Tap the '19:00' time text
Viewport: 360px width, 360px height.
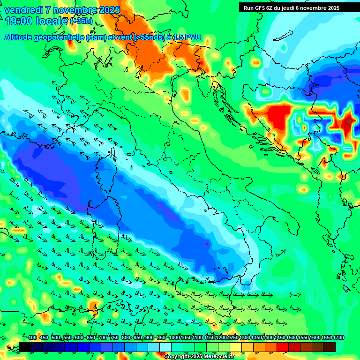19,21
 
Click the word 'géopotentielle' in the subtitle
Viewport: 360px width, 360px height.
60,37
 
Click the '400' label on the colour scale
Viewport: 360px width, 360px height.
32,338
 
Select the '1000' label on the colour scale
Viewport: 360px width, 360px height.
174,338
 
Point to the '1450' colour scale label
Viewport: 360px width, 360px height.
280,338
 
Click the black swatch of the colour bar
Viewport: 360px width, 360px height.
25,347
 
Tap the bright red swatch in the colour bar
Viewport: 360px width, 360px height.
283,347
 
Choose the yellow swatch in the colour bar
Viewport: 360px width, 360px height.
236,347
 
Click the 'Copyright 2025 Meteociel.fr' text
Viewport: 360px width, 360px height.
198,356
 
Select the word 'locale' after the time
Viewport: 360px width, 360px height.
51,21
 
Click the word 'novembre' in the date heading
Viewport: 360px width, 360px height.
73,10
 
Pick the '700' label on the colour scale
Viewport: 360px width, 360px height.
103,338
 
